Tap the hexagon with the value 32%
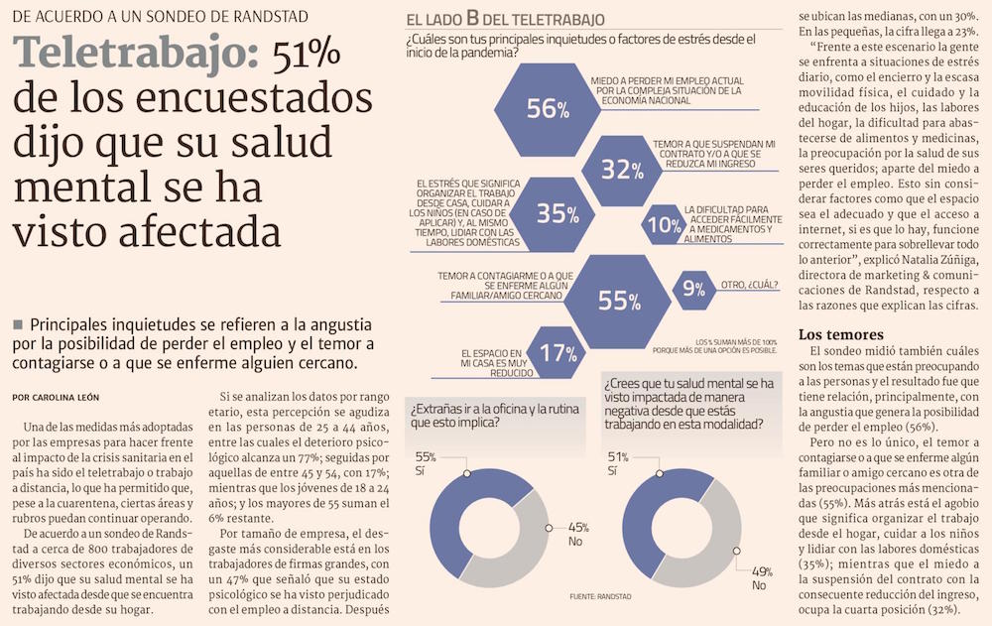[x=623, y=169]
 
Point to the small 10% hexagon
[x=663, y=224]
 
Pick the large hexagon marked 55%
[x=620, y=300]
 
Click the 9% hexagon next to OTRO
[x=693, y=289]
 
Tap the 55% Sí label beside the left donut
[x=427, y=463]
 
